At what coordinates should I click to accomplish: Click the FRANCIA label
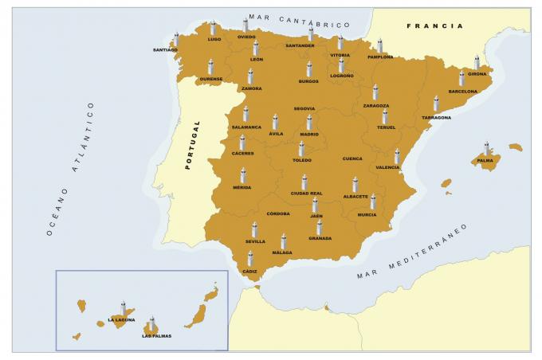(x=434, y=26)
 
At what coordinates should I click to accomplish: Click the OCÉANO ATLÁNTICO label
(x=70, y=169)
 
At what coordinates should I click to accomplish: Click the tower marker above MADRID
(x=309, y=122)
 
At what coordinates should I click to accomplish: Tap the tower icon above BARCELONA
(x=461, y=78)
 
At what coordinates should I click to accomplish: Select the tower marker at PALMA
(x=487, y=148)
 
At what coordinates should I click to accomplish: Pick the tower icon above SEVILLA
(x=255, y=229)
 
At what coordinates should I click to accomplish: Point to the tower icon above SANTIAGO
(x=176, y=39)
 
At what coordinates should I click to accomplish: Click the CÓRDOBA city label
(x=278, y=213)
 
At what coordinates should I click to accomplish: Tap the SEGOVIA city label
(x=304, y=108)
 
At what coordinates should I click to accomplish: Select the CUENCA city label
(x=352, y=158)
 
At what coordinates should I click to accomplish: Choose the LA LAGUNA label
(x=121, y=320)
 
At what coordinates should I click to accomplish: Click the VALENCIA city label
(x=387, y=167)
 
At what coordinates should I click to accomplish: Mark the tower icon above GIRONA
(x=477, y=62)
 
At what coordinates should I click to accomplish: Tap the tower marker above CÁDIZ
(x=250, y=259)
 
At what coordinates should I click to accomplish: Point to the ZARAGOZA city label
(x=376, y=106)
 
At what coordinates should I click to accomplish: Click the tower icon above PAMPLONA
(x=380, y=45)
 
